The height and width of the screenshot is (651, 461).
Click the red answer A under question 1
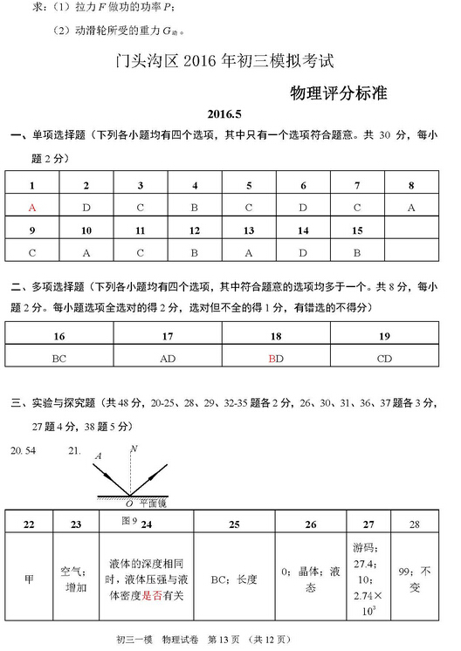click(32, 208)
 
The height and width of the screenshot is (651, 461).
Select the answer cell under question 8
click(411, 208)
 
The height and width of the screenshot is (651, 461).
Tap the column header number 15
click(357, 230)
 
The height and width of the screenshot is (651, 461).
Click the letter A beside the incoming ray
click(98, 456)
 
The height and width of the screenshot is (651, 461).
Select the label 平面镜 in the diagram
click(154, 504)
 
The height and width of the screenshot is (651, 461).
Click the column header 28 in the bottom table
click(415, 524)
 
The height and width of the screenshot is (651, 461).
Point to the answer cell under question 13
click(249, 252)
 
